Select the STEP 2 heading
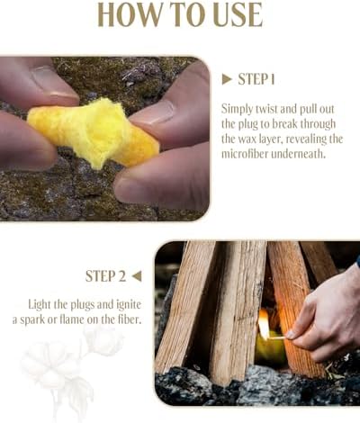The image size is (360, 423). point(106,276)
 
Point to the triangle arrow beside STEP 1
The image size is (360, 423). point(227,79)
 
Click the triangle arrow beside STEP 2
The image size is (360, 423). point(137,276)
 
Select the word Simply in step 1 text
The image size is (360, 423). point(240,108)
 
